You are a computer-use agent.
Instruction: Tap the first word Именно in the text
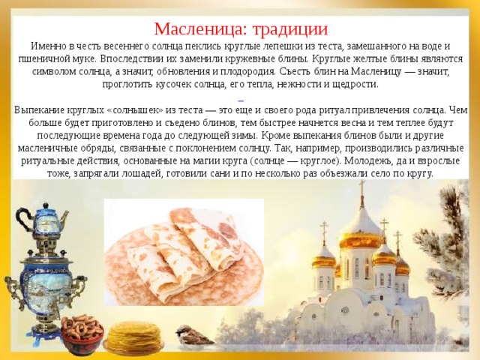coord(35,46)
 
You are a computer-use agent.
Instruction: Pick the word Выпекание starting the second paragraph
coord(39,109)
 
